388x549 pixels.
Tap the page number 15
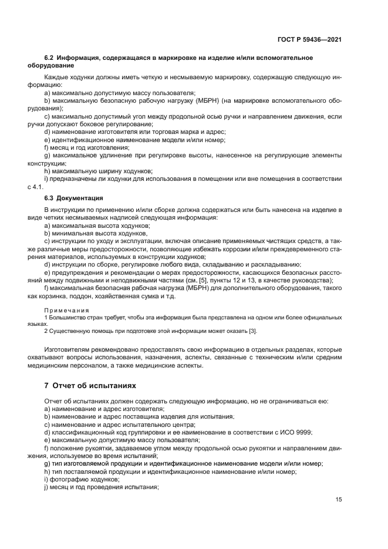[339, 500]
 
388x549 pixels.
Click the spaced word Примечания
[66, 310]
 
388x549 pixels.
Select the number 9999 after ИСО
[303, 432]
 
